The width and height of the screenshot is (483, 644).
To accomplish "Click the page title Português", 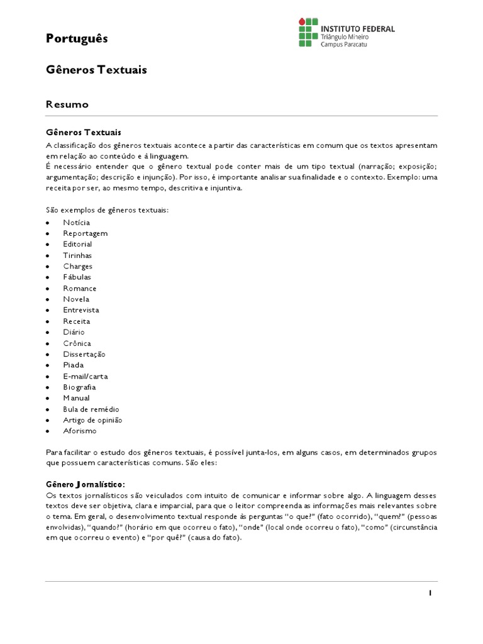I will [x=77, y=39].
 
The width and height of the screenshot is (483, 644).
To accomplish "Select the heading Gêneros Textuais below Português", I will [x=96, y=70].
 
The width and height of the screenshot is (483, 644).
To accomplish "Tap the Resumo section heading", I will [x=67, y=104].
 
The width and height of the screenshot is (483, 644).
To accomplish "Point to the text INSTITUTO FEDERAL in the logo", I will [x=358, y=28].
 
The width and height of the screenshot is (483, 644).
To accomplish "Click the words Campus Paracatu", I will [x=345, y=45].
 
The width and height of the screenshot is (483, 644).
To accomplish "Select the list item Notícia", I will [x=76, y=223].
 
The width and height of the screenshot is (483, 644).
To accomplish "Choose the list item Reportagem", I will [x=85, y=233].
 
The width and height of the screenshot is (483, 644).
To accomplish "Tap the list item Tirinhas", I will [x=77, y=255].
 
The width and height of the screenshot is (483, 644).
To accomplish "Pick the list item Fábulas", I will [x=77, y=277].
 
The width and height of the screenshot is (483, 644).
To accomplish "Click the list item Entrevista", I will [x=80, y=310].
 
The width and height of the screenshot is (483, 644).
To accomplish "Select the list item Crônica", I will [x=77, y=343].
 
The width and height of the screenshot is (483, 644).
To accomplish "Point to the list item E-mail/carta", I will [x=85, y=376].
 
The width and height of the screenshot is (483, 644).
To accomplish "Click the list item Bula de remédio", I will [x=91, y=409].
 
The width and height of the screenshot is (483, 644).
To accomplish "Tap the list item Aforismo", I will [x=80, y=431].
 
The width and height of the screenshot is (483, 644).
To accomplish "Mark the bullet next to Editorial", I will [x=48, y=245].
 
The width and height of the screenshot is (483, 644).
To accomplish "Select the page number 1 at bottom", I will [x=430, y=593].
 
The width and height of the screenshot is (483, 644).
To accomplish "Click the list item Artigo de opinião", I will [x=92, y=420].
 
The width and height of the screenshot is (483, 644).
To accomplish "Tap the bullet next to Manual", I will [x=48, y=399].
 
